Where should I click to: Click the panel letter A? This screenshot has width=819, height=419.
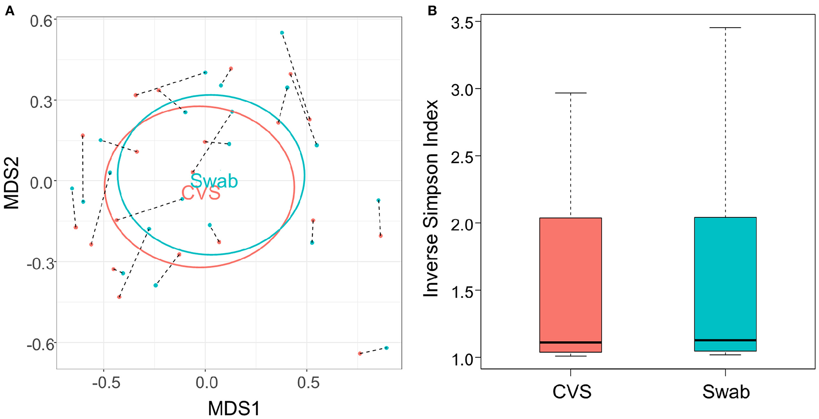[x=9, y=11]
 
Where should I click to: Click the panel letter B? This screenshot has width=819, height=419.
[x=432, y=11]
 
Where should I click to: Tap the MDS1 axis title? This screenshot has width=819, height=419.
[x=234, y=408]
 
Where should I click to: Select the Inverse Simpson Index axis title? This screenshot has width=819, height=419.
[x=431, y=198]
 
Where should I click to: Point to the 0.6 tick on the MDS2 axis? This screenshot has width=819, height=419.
[x=41, y=21]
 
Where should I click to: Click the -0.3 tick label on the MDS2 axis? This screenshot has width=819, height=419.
[x=40, y=264]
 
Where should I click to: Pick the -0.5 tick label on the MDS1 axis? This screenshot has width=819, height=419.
[x=106, y=383]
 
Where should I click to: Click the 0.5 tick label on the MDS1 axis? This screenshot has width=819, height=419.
[x=308, y=383]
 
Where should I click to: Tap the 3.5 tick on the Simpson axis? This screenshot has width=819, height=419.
[x=462, y=23]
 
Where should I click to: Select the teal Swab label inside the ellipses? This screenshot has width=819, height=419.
[x=214, y=181]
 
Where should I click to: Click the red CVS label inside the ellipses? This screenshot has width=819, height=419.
[x=201, y=193]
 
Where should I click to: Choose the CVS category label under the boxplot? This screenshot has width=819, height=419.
[x=571, y=392]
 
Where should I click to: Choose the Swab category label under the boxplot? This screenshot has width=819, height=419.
[x=726, y=392]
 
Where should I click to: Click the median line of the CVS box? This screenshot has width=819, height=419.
[x=570, y=342]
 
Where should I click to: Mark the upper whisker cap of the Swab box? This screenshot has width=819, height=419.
[x=725, y=28]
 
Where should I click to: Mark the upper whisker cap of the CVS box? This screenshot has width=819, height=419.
[x=570, y=93]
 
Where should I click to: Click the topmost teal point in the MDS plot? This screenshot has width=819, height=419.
[x=282, y=33]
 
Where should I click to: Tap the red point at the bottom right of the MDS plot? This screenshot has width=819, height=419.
[x=360, y=353]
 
